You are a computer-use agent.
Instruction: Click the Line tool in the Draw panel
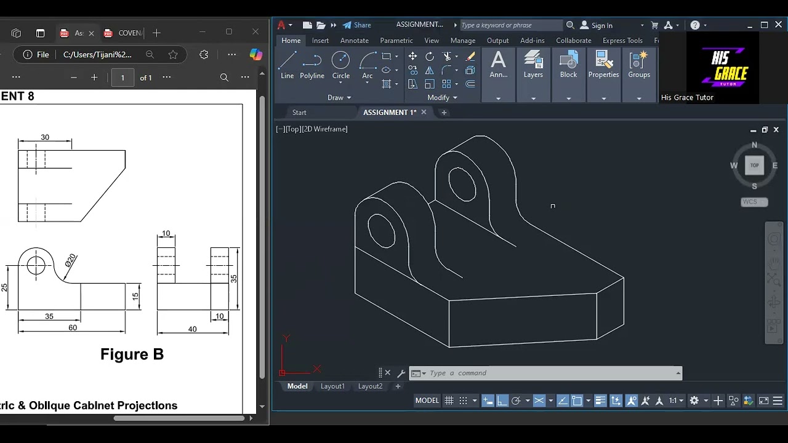[x=287, y=65]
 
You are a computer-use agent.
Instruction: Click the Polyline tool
[x=312, y=65]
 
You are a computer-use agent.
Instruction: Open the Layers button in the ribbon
[x=533, y=65]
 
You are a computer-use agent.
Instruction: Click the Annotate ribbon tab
[x=355, y=41]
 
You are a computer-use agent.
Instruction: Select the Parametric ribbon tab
[x=396, y=41]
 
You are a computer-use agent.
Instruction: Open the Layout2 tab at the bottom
[x=370, y=386]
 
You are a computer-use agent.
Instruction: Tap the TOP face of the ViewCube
[x=754, y=165]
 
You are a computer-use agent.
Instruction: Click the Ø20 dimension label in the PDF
[x=70, y=260]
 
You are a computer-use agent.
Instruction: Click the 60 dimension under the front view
[x=73, y=328]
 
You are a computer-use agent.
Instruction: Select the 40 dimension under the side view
[x=192, y=329]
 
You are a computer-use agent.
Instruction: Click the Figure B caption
[x=132, y=354]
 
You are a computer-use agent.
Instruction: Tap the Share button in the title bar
[x=357, y=25]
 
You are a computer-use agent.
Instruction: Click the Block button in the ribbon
[x=568, y=65]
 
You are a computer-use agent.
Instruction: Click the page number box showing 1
[x=123, y=78]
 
